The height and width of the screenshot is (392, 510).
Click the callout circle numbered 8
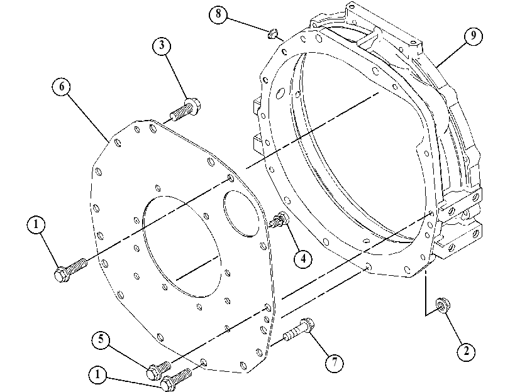click(218, 14)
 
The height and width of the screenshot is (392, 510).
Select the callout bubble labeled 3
click(162, 45)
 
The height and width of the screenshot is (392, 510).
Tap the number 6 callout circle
click(62, 87)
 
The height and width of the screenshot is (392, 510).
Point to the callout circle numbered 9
click(474, 35)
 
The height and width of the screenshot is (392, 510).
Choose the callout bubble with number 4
click(303, 259)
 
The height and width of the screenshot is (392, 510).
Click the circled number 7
click(335, 362)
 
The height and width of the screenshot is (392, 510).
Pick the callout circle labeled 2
click(467, 351)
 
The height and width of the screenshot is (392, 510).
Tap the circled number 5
click(101, 340)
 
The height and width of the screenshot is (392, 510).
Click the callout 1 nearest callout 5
click(97, 375)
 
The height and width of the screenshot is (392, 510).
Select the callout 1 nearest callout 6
click(36, 225)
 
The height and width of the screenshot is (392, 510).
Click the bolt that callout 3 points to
click(186, 109)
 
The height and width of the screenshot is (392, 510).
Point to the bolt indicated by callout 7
click(299, 330)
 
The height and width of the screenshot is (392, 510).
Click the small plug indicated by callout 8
click(272, 33)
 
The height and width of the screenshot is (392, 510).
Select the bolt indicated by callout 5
click(158, 370)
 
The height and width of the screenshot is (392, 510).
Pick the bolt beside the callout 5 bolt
click(176, 379)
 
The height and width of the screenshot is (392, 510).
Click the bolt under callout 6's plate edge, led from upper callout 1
click(70, 269)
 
